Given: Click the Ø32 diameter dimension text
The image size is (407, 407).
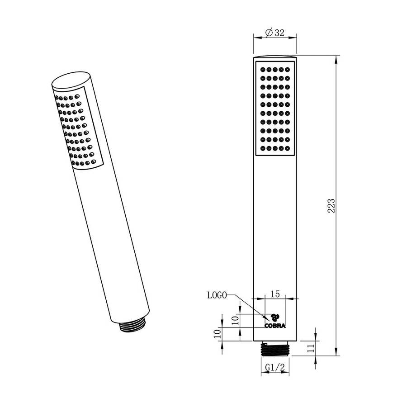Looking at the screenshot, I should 274,33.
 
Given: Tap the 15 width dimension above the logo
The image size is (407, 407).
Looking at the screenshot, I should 274,293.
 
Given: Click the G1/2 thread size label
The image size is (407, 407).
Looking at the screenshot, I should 274,368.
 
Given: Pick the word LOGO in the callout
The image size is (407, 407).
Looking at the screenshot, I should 217,295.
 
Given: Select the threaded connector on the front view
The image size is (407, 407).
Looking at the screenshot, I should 275,349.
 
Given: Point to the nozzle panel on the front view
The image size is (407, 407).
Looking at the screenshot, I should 275,109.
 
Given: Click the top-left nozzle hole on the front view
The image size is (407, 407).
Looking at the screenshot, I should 263,70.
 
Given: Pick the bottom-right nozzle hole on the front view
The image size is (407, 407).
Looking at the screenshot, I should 287,148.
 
